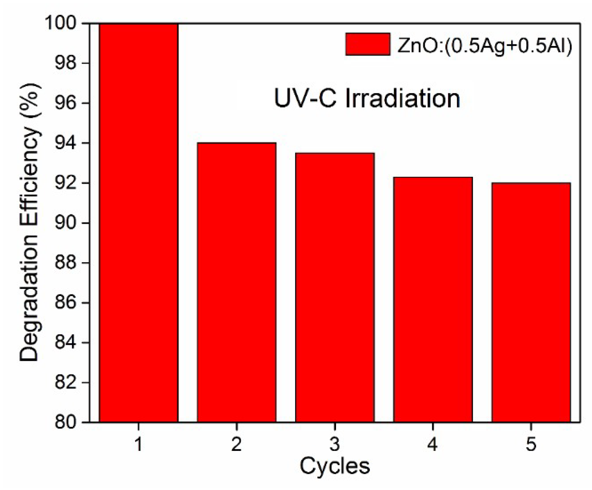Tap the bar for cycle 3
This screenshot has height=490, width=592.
335,287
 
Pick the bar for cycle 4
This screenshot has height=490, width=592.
433,299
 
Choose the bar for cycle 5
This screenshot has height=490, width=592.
531,302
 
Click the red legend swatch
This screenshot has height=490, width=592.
368,44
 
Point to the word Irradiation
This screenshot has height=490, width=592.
403,99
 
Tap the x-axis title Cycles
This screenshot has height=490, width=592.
334,466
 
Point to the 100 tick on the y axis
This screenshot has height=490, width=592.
65,24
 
